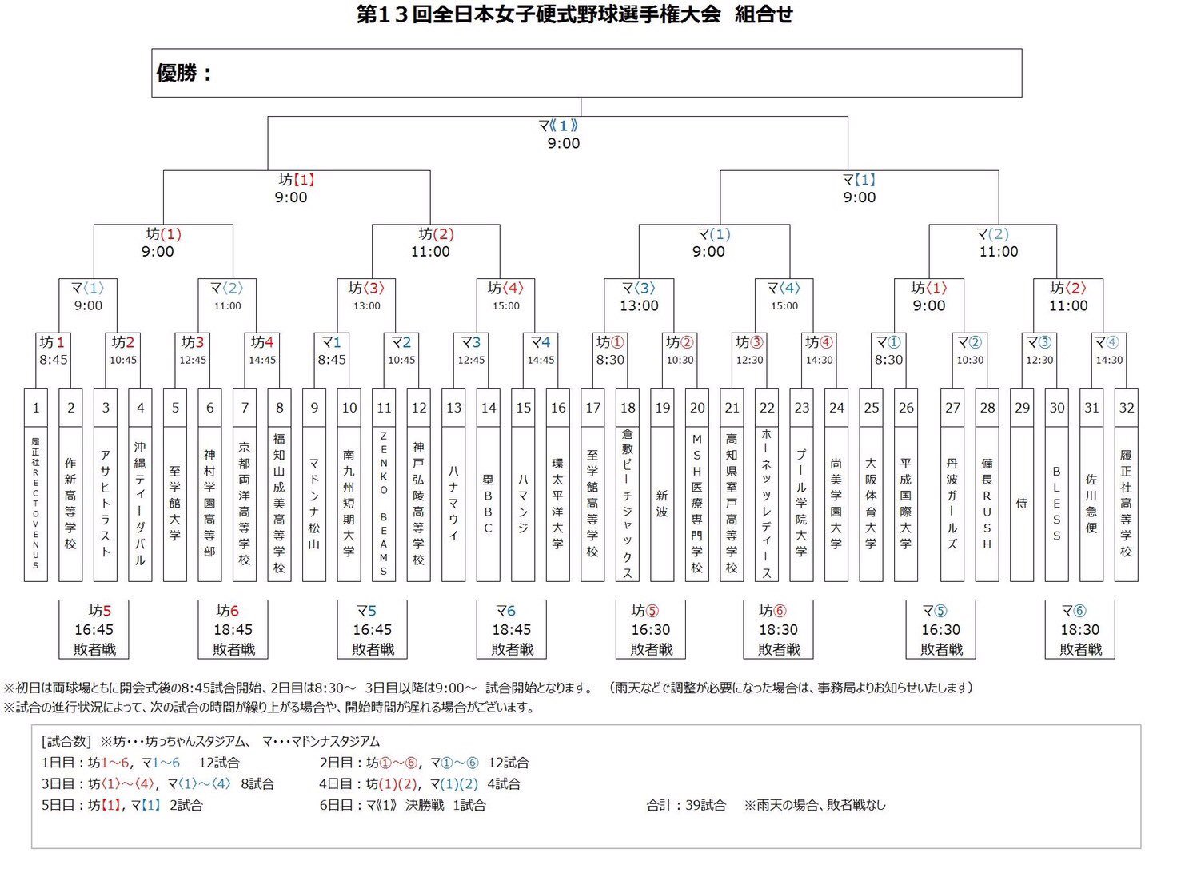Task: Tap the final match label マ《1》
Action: click(x=558, y=126)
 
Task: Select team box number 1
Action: click(x=36, y=408)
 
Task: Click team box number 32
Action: click(x=1126, y=408)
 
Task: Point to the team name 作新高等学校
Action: click(x=70, y=503)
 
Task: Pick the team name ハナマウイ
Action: click(x=453, y=503)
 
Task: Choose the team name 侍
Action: click(x=1022, y=503)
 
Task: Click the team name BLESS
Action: click(x=1057, y=503)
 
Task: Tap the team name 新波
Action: click(x=662, y=503)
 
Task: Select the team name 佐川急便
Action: click(x=1091, y=503)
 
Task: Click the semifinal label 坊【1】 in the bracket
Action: click(x=297, y=180)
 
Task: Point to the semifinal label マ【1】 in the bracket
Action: click(x=860, y=180)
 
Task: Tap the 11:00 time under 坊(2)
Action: click(x=430, y=252)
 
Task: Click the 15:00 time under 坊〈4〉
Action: click(x=505, y=306)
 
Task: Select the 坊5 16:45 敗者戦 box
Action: click(x=94, y=630)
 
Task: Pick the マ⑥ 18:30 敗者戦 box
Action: click(x=1079, y=630)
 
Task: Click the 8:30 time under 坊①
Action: click(x=610, y=360)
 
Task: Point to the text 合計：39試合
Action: click(x=686, y=805)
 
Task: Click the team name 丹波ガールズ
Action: click(x=952, y=503)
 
